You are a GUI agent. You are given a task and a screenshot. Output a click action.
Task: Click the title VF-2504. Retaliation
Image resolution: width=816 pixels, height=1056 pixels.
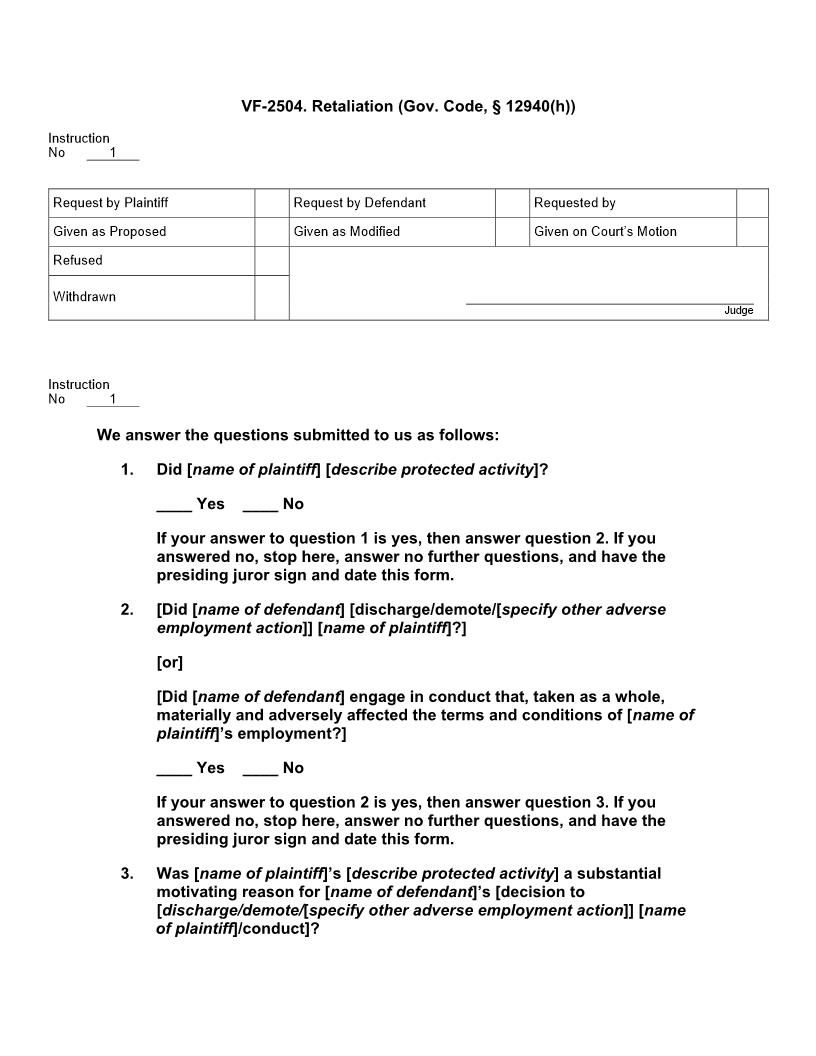[408, 106]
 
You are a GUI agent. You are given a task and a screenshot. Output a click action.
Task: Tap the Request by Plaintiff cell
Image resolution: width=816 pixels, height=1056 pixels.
[111, 203]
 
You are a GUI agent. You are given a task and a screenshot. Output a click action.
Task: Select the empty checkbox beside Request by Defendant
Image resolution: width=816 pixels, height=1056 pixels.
[512, 203]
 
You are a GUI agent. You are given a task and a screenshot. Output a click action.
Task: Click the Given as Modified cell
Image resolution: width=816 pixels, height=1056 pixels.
[347, 232]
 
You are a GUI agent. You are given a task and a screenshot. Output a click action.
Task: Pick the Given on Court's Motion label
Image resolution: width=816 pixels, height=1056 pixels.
[605, 232]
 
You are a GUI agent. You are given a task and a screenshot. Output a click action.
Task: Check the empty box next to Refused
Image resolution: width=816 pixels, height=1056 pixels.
[271, 261]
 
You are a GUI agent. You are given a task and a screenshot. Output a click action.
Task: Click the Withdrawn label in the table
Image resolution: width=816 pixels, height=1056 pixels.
[84, 297]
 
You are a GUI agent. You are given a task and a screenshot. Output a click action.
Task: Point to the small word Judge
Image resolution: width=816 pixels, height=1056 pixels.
[739, 311]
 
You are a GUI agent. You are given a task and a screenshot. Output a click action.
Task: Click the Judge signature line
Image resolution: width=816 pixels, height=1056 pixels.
[609, 302]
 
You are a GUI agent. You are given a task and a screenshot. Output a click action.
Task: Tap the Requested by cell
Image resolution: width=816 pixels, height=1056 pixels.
[575, 203]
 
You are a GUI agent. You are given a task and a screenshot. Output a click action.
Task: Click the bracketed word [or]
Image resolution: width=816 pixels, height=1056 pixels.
[170, 663]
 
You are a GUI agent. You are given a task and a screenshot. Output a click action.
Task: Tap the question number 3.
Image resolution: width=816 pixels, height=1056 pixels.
[127, 874]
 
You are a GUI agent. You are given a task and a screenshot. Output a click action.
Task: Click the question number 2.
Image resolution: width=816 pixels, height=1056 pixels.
[127, 610]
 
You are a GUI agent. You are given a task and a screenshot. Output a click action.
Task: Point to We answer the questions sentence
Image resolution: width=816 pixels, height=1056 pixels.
[298, 435]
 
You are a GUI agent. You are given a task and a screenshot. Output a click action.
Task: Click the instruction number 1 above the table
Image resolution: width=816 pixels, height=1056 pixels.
[113, 153]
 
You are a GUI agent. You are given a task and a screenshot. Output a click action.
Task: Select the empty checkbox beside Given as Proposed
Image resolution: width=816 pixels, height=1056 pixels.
[271, 232]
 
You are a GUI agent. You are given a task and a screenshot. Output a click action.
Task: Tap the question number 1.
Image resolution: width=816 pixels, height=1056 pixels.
[127, 470]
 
